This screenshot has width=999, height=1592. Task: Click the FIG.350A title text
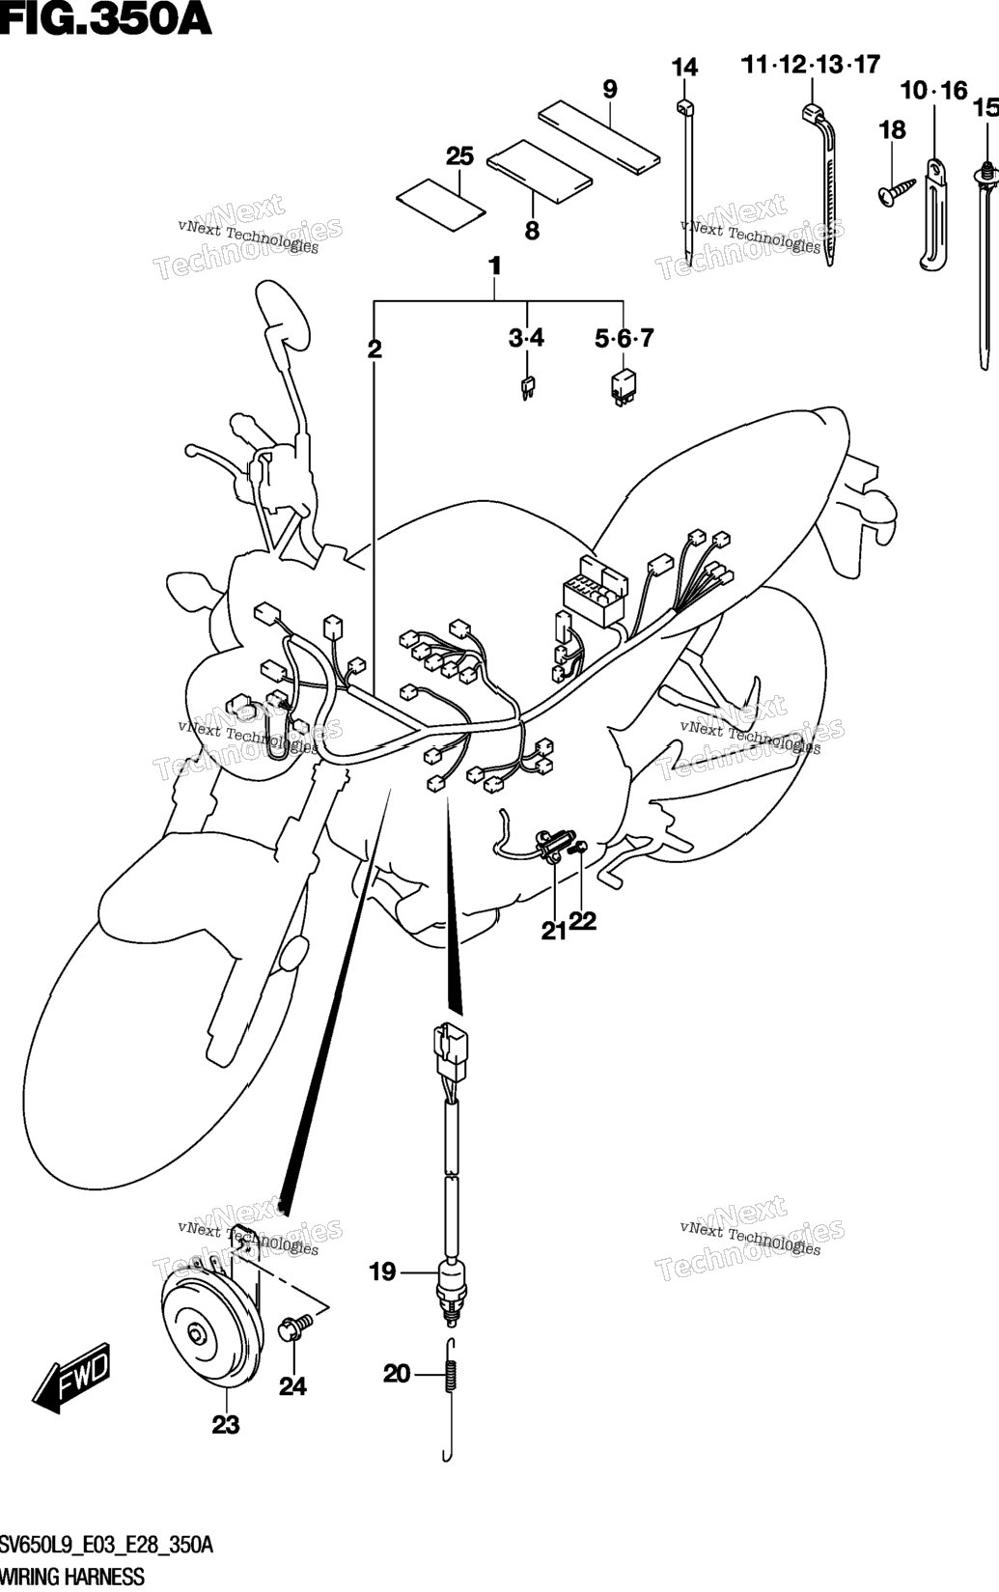click(x=106, y=19)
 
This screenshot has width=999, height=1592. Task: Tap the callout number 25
click(x=459, y=155)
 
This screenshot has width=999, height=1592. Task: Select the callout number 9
click(x=610, y=90)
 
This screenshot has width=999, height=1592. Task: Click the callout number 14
click(x=685, y=68)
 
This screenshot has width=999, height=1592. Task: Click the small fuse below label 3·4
click(x=527, y=388)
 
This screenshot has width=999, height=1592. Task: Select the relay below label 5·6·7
click(x=621, y=388)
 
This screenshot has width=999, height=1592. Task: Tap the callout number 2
click(x=375, y=349)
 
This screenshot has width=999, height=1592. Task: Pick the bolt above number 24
click(x=295, y=1327)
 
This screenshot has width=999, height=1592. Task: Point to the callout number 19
click(x=382, y=1271)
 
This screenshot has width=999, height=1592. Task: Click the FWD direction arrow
click(x=72, y=1378)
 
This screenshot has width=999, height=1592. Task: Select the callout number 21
click(x=553, y=931)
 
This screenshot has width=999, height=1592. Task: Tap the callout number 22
click(x=583, y=921)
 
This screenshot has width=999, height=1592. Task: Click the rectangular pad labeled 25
click(x=440, y=202)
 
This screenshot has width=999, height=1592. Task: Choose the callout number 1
click(x=494, y=266)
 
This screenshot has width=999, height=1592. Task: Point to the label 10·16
click(x=933, y=90)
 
